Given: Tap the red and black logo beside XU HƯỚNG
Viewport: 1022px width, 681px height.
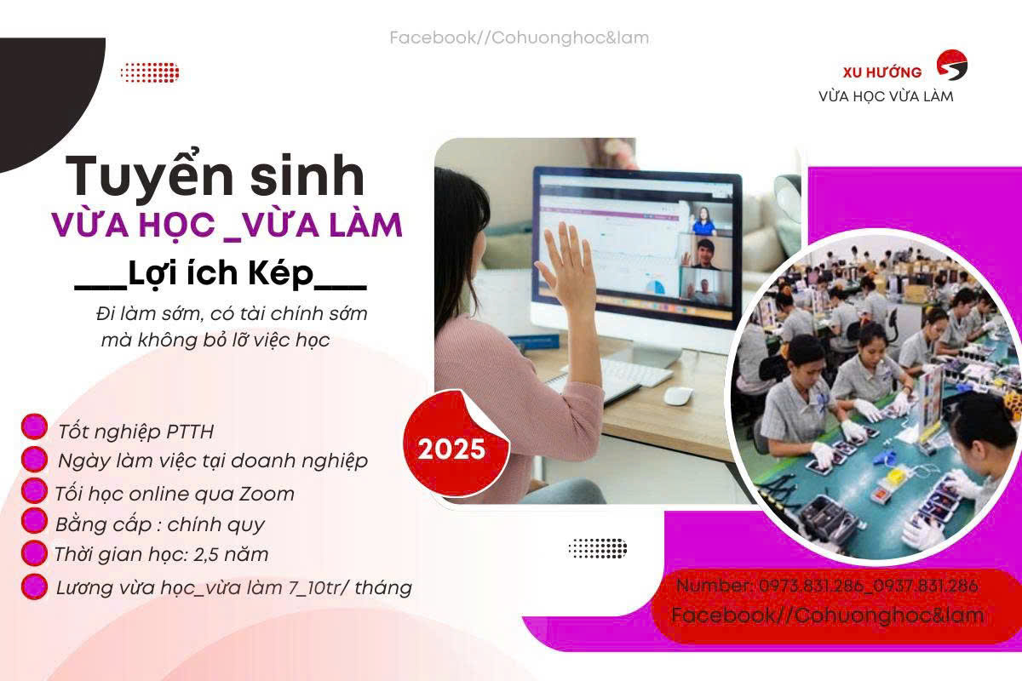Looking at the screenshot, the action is pos(952,65).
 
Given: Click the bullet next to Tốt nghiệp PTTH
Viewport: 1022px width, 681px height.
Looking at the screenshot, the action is pos(34,427).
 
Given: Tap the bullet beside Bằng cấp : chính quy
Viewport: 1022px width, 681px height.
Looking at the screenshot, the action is pos(34,521).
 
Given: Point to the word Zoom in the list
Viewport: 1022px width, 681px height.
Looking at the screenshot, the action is pos(267,494).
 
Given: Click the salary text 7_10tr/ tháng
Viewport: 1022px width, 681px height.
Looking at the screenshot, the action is pos(350,587).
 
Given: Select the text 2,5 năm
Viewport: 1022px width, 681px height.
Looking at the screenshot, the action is pos(231,555).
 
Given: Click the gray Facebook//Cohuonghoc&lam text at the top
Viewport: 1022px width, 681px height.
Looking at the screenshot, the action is pos(520,37).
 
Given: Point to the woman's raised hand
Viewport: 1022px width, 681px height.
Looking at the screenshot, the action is pos(565,265).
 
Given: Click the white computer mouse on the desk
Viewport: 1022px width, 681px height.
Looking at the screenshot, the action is pos(678,396).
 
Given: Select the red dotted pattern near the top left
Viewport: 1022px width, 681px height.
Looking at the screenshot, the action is pos(150,73).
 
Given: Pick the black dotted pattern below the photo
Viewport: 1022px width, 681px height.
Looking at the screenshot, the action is pos(598,548).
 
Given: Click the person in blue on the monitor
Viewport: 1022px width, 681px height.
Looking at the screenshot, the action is pos(704,221).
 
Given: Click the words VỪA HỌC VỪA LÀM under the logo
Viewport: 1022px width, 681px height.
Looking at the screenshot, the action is pos(886,97).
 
